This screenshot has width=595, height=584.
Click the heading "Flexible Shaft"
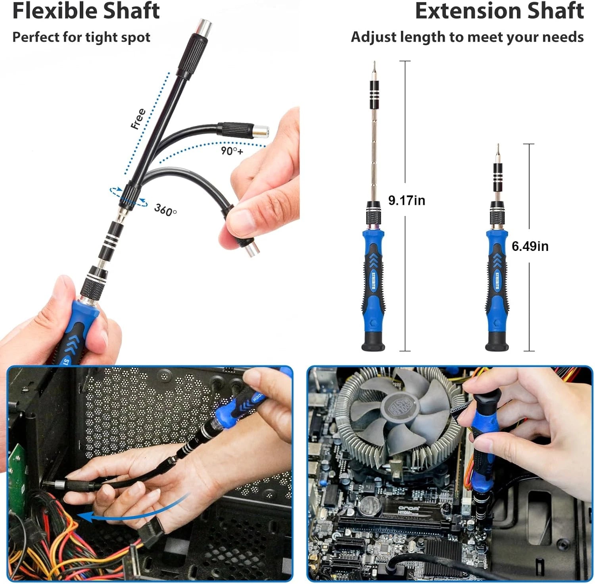point(86,11)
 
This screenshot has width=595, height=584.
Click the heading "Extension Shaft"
point(499,11)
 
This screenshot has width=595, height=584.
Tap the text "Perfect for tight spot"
point(81,37)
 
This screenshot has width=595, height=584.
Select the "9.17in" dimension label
point(406,200)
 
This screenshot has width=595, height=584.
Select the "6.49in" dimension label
point(530,246)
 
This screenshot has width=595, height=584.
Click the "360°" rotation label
point(165,209)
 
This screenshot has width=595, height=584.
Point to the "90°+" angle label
point(232,151)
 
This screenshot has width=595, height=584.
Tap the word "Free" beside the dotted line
point(138,119)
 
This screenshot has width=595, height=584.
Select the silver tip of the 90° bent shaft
point(261,131)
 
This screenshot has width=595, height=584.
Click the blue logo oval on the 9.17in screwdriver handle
point(373,280)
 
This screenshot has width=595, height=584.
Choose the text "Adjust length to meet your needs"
point(467,37)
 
